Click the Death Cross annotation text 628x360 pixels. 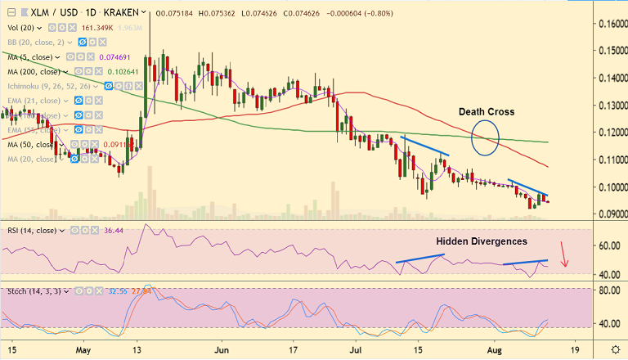(486, 111)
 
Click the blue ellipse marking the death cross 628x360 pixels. (486, 137)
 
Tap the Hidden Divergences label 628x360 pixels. (481, 241)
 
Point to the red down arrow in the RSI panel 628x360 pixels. (564, 254)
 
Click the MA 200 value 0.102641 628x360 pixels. (123, 71)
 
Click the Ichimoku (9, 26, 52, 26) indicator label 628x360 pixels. (51, 85)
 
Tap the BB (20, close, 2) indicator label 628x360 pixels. (37, 43)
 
